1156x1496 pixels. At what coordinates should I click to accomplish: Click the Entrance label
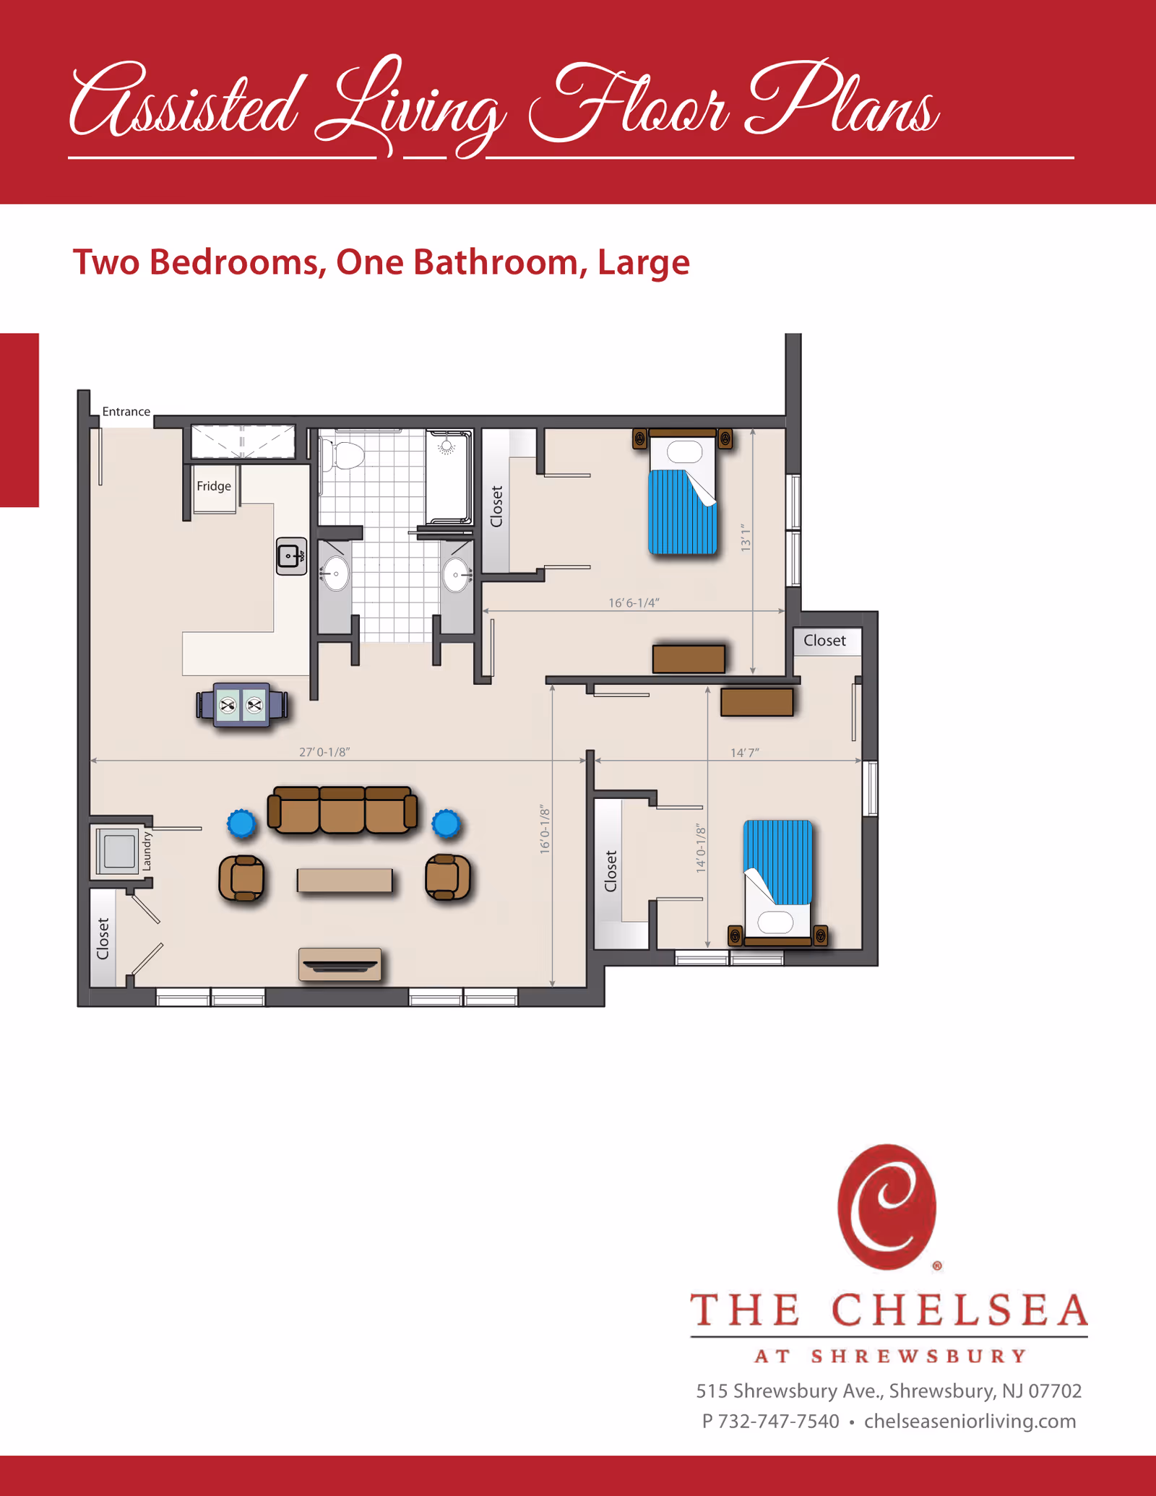[126, 412]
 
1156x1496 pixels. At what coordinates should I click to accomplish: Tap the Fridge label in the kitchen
[214, 486]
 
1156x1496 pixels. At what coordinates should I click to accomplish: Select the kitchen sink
[291, 556]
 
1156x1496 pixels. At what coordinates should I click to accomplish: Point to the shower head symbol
[447, 446]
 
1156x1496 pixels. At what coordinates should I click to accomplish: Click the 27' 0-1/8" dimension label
[324, 752]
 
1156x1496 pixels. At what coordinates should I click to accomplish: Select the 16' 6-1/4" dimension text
[634, 602]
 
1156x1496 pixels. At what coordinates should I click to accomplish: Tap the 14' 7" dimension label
[744, 753]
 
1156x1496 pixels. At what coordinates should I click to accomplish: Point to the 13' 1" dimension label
[746, 539]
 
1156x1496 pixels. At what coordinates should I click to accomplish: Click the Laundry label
[147, 850]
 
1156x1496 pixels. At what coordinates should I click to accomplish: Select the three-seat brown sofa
[342, 810]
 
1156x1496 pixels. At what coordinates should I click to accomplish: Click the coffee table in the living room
[345, 880]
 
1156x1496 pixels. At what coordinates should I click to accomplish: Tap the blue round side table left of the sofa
[241, 823]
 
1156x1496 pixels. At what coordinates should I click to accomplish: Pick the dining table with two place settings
[241, 704]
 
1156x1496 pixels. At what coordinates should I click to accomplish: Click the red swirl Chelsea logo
[887, 1207]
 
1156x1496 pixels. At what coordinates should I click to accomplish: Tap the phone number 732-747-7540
[779, 1422]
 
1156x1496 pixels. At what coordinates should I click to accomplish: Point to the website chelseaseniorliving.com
[970, 1422]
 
